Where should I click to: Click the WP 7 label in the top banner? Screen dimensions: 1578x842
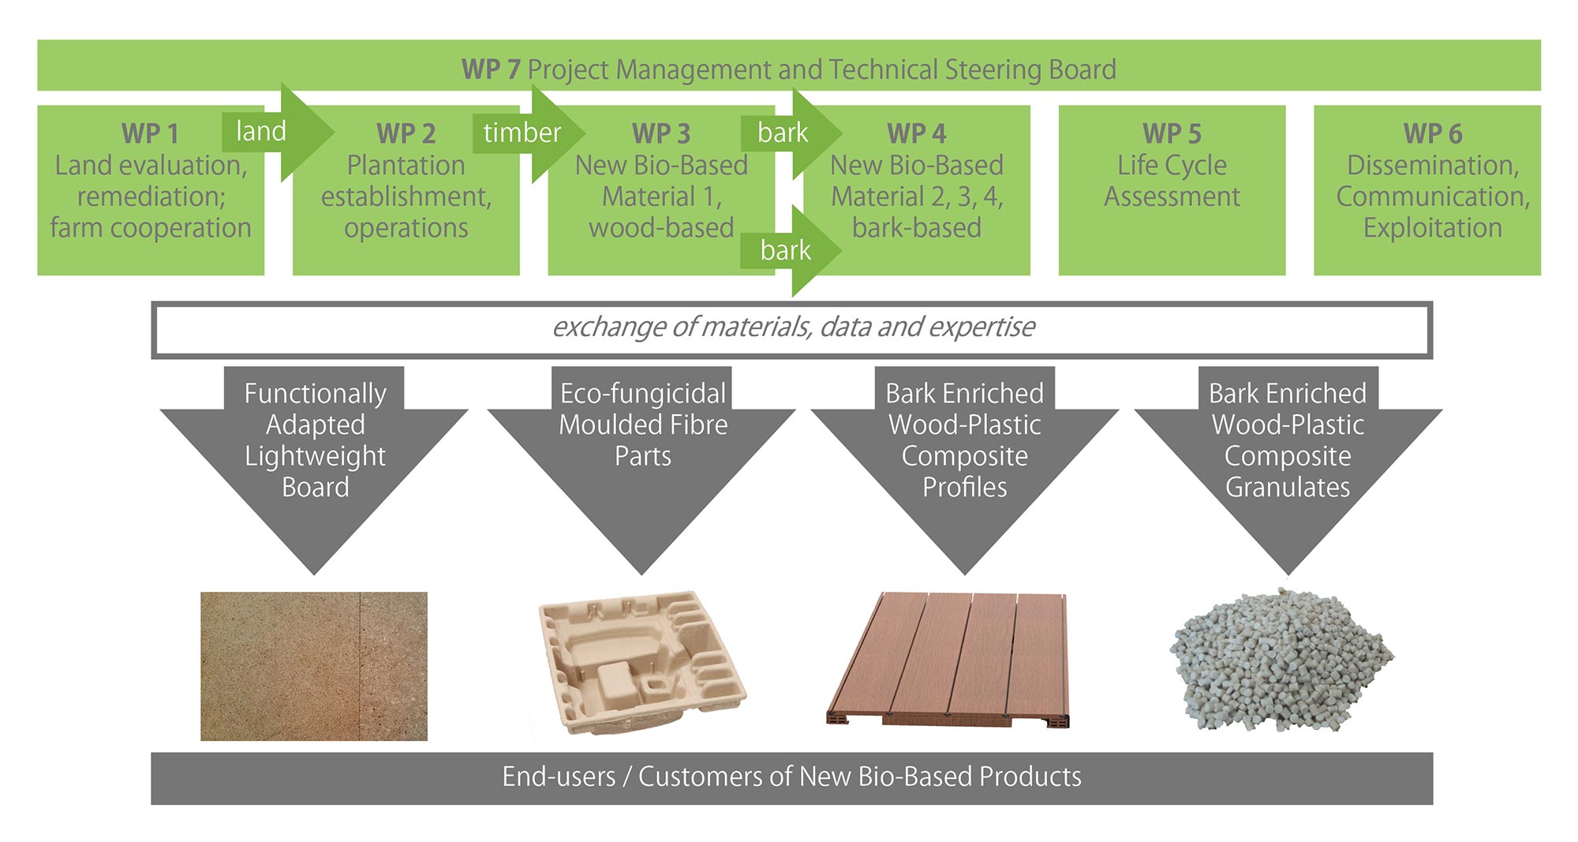[x=491, y=69]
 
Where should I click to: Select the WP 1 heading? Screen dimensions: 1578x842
[x=150, y=133]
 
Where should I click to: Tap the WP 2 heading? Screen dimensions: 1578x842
[x=406, y=133]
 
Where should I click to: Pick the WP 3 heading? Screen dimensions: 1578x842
[x=661, y=133]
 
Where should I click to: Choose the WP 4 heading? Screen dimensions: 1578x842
[x=916, y=133]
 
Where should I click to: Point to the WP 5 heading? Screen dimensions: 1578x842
[x=1172, y=133]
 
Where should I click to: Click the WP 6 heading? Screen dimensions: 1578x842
[x=1433, y=133]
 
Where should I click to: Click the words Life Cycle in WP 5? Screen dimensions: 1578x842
[x=1172, y=166]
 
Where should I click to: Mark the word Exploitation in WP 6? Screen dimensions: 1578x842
[x=1433, y=228]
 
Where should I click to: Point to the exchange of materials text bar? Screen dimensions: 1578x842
[x=792, y=329]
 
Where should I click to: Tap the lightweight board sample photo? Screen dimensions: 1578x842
[x=314, y=667]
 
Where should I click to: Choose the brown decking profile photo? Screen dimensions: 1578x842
[x=949, y=659]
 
